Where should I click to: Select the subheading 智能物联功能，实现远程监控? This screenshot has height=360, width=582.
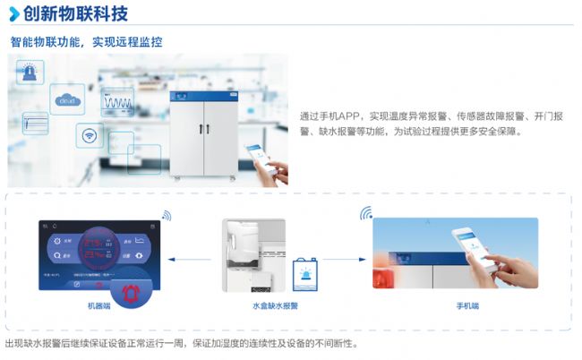click(87, 42)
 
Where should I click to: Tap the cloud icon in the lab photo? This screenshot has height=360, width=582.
click(69, 100)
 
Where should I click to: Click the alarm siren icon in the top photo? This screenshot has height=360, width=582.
click(31, 71)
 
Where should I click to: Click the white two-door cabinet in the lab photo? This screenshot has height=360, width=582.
click(207, 130)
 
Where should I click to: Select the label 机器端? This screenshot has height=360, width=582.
click(89, 305)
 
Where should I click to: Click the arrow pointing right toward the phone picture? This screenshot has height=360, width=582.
click(341, 260)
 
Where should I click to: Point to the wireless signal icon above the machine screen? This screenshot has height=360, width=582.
click(166, 215)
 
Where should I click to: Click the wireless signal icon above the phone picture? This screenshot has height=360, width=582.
click(365, 214)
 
